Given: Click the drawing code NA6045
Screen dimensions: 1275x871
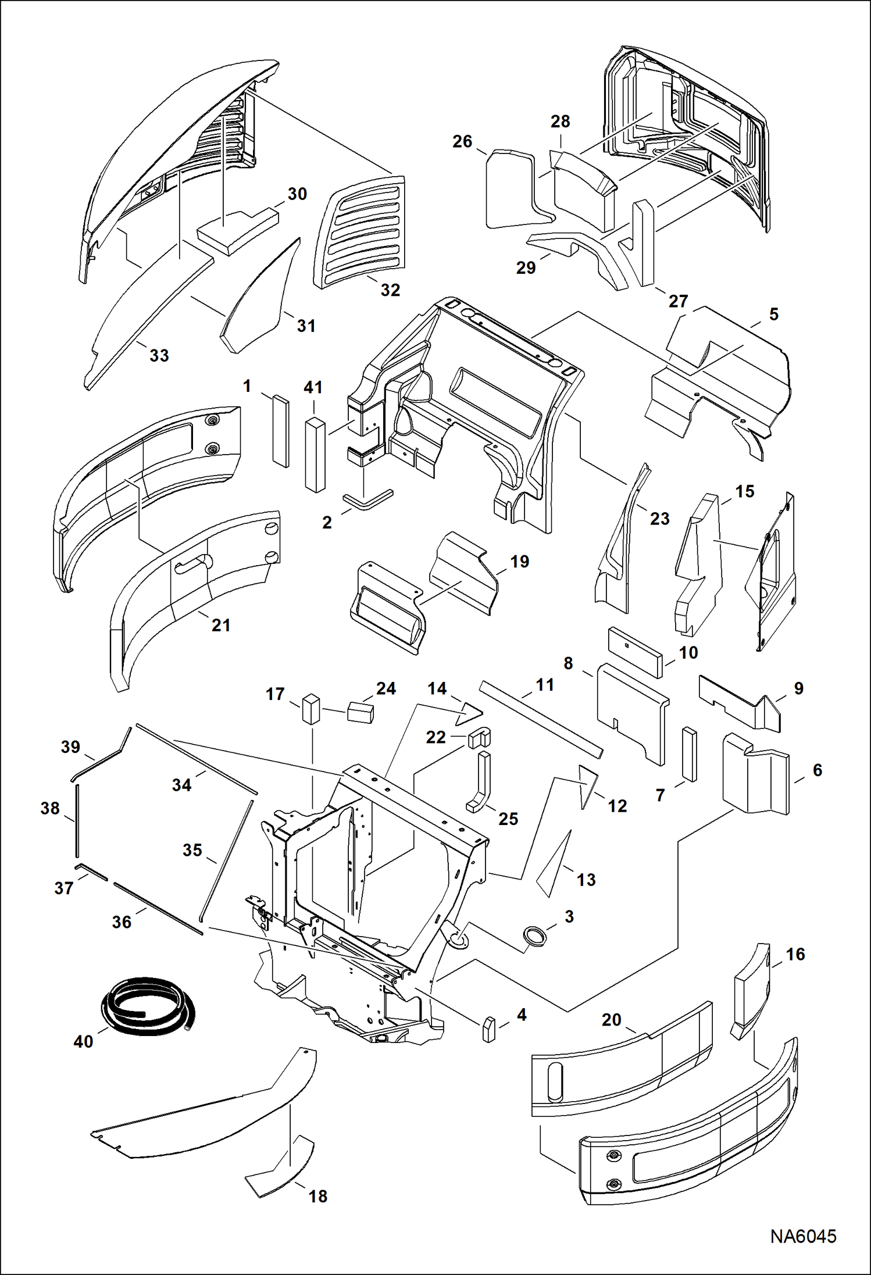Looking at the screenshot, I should click(x=803, y=1236).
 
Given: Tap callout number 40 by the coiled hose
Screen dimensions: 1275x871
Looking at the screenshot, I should click(x=83, y=1041).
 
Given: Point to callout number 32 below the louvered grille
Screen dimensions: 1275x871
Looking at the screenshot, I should click(x=390, y=290).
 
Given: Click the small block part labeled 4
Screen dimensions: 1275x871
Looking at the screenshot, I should click(x=489, y=1029).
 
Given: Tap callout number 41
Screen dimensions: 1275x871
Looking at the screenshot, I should click(x=313, y=387).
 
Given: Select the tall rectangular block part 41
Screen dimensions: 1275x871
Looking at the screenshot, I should click(x=315, y=455).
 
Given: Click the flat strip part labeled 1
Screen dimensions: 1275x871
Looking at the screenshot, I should click(x=280, y=431).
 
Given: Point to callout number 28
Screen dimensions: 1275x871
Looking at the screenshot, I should click(x=560, y=122).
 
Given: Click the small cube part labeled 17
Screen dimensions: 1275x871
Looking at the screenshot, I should click(x=311, y=709).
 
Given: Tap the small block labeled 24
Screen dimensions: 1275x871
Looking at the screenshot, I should click(x=360, y=712).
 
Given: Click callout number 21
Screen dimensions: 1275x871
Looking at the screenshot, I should click(x=220, y=626).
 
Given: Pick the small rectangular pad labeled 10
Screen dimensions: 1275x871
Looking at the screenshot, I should click(x=635, y=652).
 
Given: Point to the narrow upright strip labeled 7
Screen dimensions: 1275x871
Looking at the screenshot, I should click(x=689, y=753).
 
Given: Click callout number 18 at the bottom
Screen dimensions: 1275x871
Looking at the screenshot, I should click(x=317, y=1196).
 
